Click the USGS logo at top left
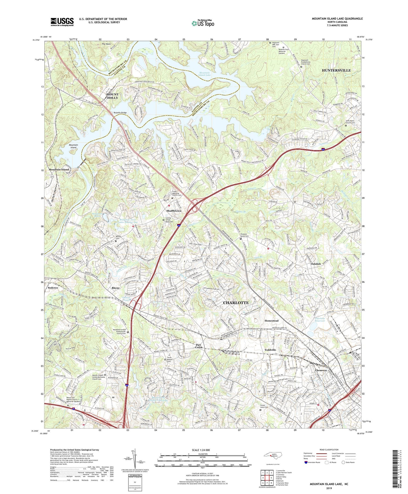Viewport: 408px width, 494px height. (62, 22)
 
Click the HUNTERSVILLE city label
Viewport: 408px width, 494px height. (336, 70)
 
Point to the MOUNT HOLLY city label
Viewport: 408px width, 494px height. (112, 96)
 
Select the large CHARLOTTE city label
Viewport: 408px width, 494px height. (236, 303)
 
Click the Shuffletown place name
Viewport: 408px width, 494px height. (174, 211)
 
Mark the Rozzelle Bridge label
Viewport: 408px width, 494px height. (120, 113)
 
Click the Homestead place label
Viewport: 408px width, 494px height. (271, 321)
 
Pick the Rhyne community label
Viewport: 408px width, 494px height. (115, 288)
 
